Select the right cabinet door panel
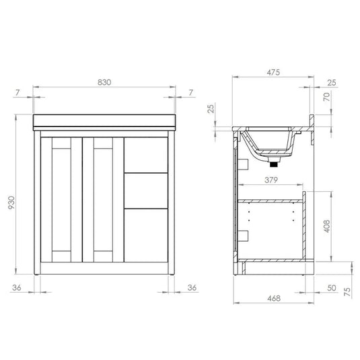click(x=102, y=200)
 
